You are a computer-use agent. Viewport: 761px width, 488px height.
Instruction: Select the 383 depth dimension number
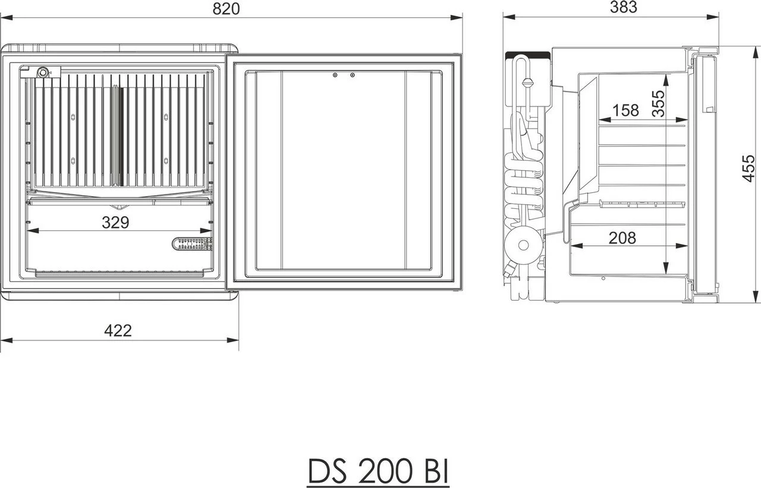pyautogui.click(x=623, y=7)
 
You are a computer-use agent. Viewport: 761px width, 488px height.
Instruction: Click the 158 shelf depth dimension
pyautogui.click(x=625, y=110)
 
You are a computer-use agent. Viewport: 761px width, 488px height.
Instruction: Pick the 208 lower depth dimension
pyautogui.click(x=622, y=238)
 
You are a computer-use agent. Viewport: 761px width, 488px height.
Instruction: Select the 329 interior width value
pyautogui.click(x=115, y=223)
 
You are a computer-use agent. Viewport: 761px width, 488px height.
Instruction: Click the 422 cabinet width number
pyautogui.click(x=118, y=330)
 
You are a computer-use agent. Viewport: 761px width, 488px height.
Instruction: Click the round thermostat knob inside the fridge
pyautogui.click(x=43, y=73)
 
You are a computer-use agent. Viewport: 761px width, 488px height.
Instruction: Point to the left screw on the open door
pyautogui.click(x=335, y=75)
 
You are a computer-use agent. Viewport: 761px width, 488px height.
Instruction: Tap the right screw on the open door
pyautogui.click(x=353, y=75)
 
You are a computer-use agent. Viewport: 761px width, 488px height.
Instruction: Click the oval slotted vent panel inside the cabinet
pyautogui.click(x=192, y=243)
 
